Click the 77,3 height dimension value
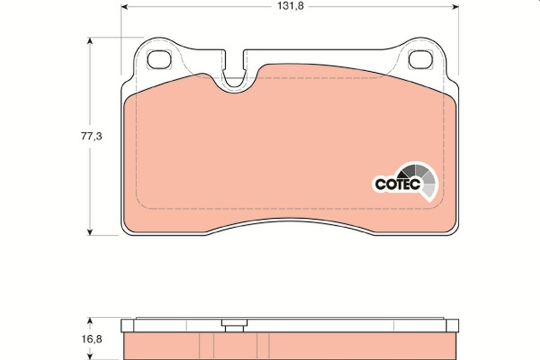click(91, 136)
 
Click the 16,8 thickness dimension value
click(91, 339)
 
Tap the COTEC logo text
click(397, 184)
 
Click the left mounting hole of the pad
click(159, 60)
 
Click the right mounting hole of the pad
click(420, 60)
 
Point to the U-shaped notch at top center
click(235, 79)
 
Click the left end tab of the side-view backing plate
click(127, 326)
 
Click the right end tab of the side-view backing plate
click(453, 326)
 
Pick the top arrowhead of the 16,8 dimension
click(90, 320)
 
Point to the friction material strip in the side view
click(290, 347)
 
